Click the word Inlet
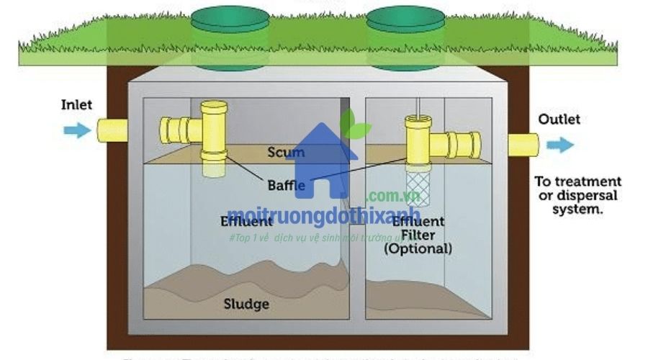tap(76, 105)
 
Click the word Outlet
tap(559, 120)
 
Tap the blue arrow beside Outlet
tap(559, 145)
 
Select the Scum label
tap(286, 153)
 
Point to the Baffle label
tap(287, 185)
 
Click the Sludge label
tap(246, 304)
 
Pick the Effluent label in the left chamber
tap(247, 221)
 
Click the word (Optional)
tap(418, 249)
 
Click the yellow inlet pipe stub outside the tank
tap(112, 130)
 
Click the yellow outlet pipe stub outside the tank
tap(523, 145)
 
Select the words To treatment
tap(577, 181)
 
